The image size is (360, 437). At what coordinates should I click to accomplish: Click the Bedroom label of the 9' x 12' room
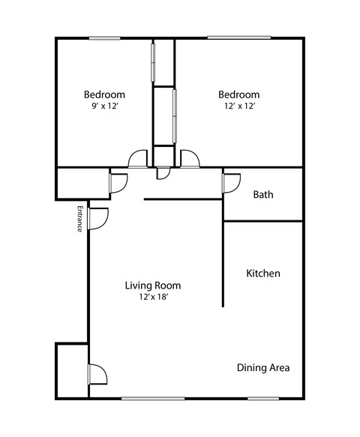[x=104, y=94]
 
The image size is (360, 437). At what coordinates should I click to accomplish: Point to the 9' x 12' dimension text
[x=104, y=106]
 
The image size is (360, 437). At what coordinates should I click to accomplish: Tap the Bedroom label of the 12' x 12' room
[x=239, y=94]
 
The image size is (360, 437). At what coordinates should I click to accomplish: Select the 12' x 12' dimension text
[x=239, y=106]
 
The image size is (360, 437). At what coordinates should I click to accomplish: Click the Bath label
[x=262, y=195]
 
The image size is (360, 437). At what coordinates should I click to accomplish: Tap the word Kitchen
[x=263, y=274]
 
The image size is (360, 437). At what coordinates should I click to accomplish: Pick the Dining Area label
[x=263, y=368]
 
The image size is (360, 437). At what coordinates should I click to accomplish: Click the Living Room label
[x=152, y=286]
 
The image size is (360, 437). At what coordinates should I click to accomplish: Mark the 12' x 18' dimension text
[x=152, y=298]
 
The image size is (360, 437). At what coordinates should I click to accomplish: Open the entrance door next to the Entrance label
[x=98, y=218]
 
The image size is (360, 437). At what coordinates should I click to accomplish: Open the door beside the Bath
[x=230, y=182]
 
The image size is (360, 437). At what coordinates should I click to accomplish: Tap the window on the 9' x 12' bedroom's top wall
[x=105, y=38]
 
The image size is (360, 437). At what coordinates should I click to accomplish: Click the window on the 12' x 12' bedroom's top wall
[x=229, y=38]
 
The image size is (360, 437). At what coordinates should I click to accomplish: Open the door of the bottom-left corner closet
[x=97, y=373]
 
